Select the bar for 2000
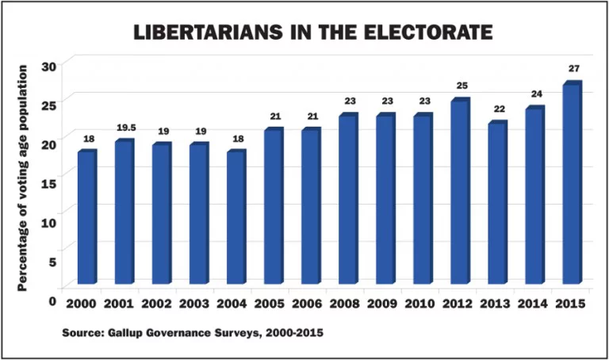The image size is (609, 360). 86,218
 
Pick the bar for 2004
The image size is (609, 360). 236,218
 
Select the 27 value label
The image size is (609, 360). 573,68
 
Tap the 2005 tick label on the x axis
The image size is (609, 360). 272,304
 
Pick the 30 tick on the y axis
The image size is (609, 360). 49,66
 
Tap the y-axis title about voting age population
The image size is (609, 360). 23,178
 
